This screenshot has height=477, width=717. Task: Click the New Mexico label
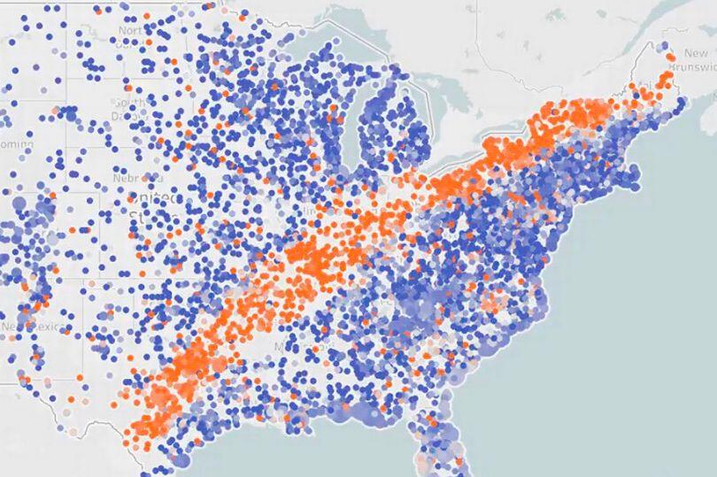click(x=21, y=327)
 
